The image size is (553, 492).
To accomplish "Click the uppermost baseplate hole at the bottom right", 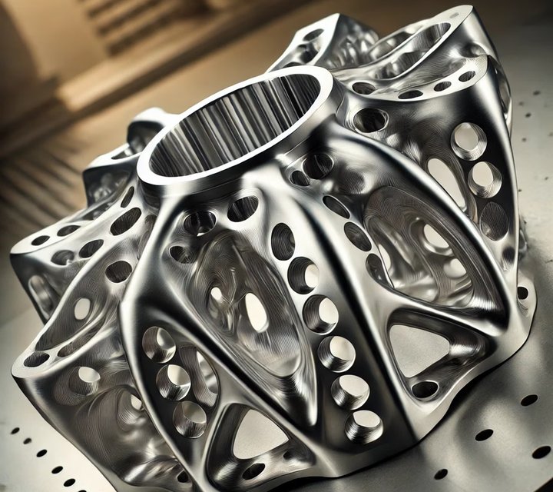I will click(x=529, y=400).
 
